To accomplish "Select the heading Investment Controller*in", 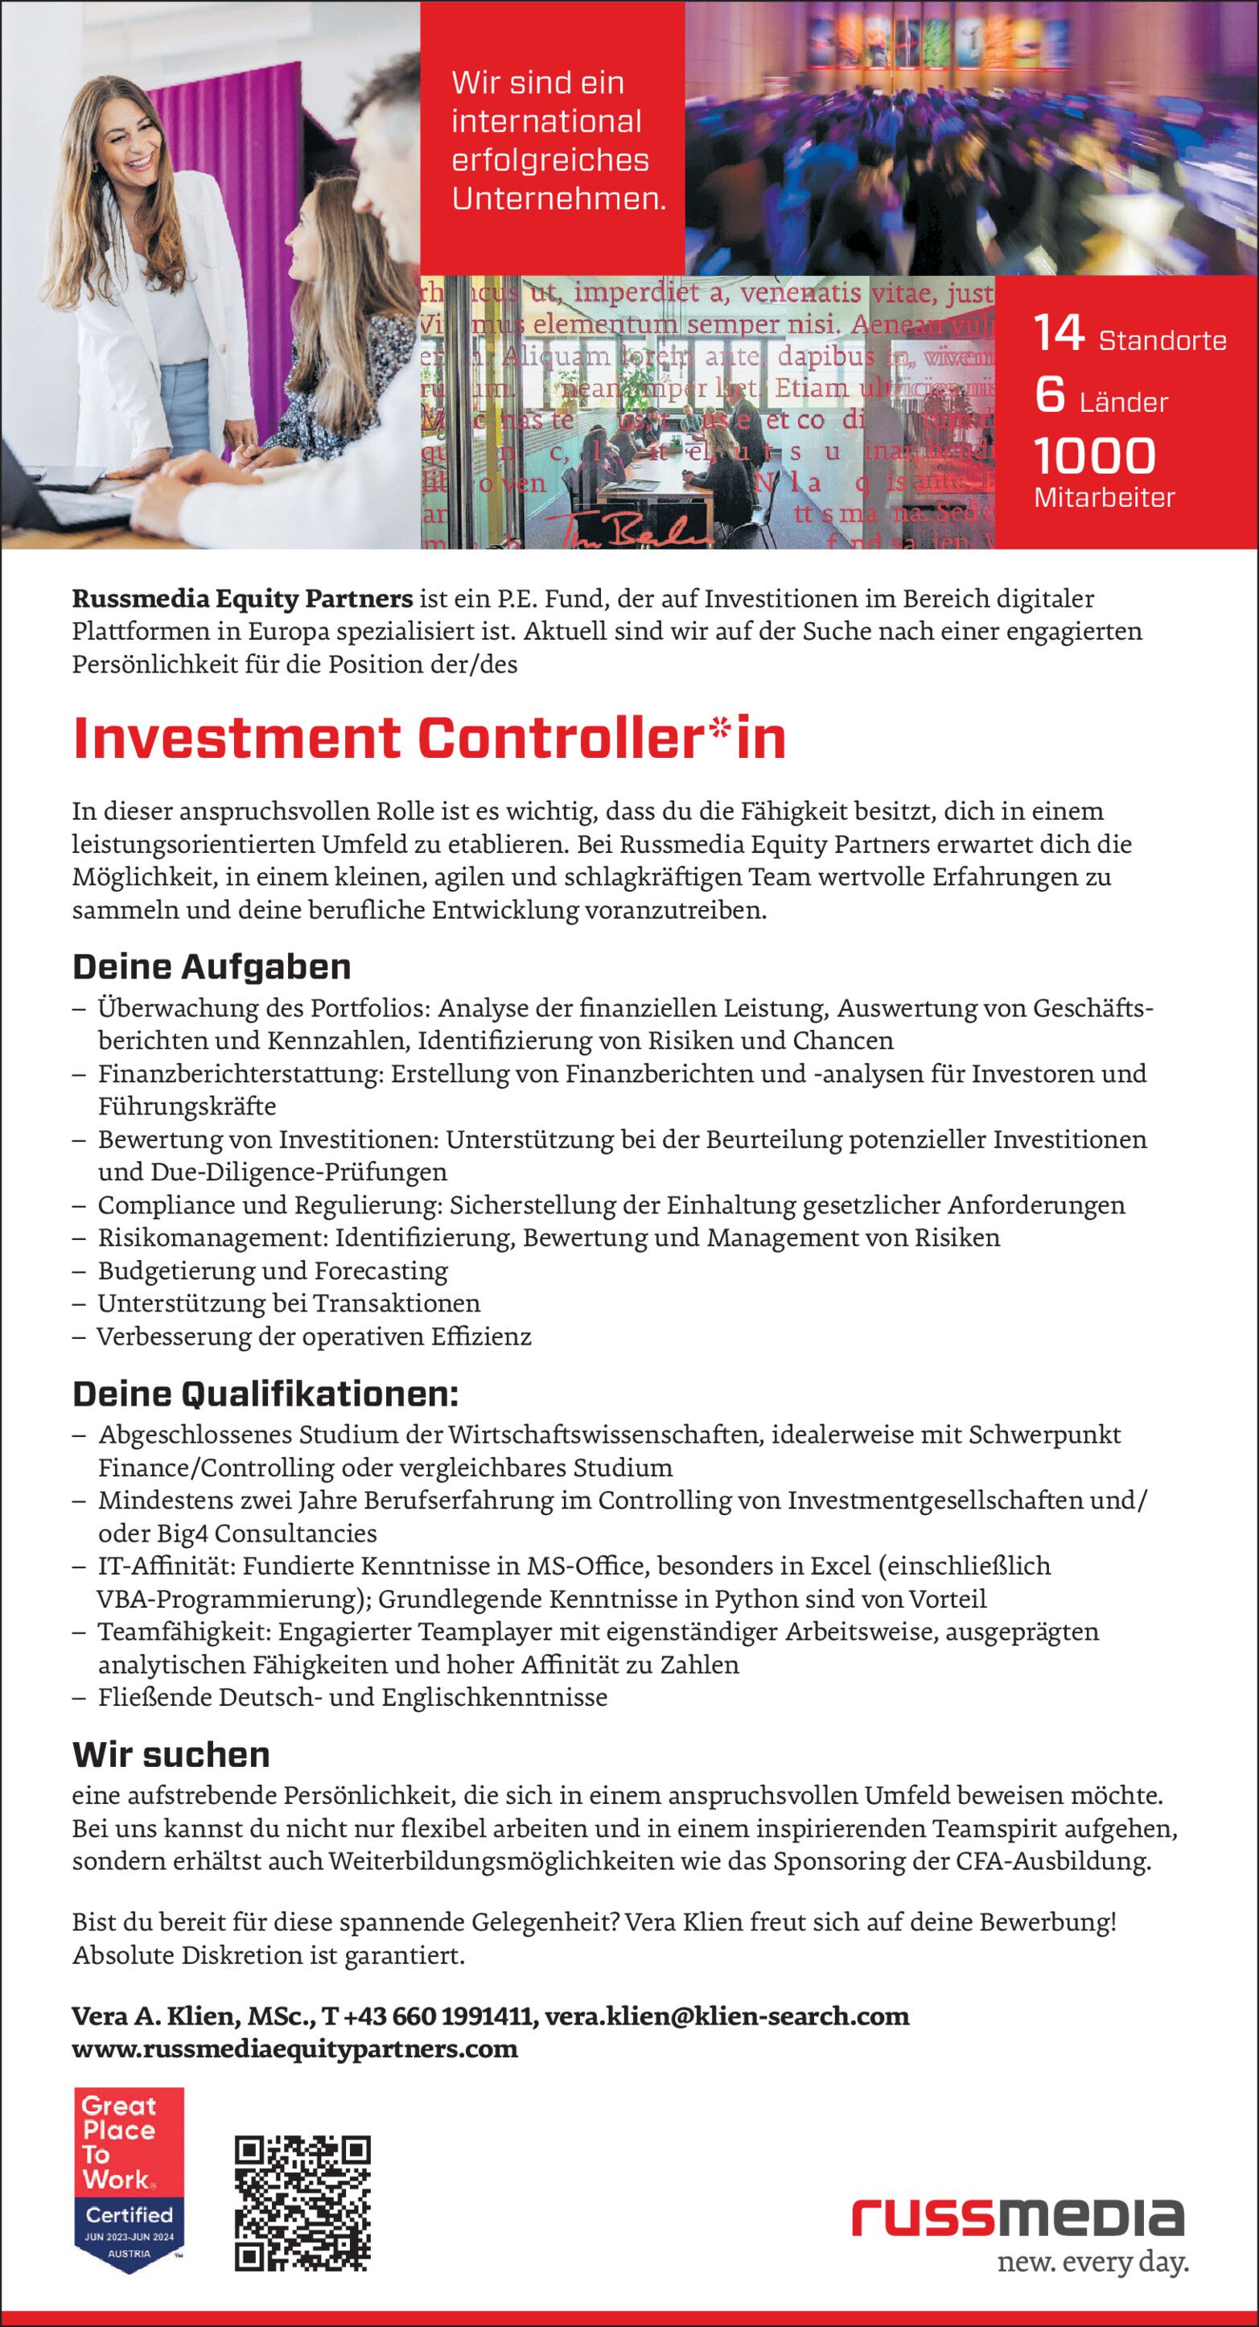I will click(x=429, y=738).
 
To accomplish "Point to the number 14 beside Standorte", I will click(x=1059, y=333).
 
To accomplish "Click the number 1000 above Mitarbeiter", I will click(x=1094, y=456).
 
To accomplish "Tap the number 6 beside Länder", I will click(x=1050, y=395).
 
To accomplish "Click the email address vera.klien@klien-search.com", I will click(x=726, y=2016).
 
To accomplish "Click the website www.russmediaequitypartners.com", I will click(x=294, y=2049).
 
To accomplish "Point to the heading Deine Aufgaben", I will click(x=212, y=966).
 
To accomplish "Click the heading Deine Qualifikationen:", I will click(x=265, y=1394).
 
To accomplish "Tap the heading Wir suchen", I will click(x=171, y=1754).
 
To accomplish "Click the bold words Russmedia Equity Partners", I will click(x=242, y=598).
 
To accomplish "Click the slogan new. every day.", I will click(x=1092, y=2262).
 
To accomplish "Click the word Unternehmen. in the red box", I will click(x=558, y=199).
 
